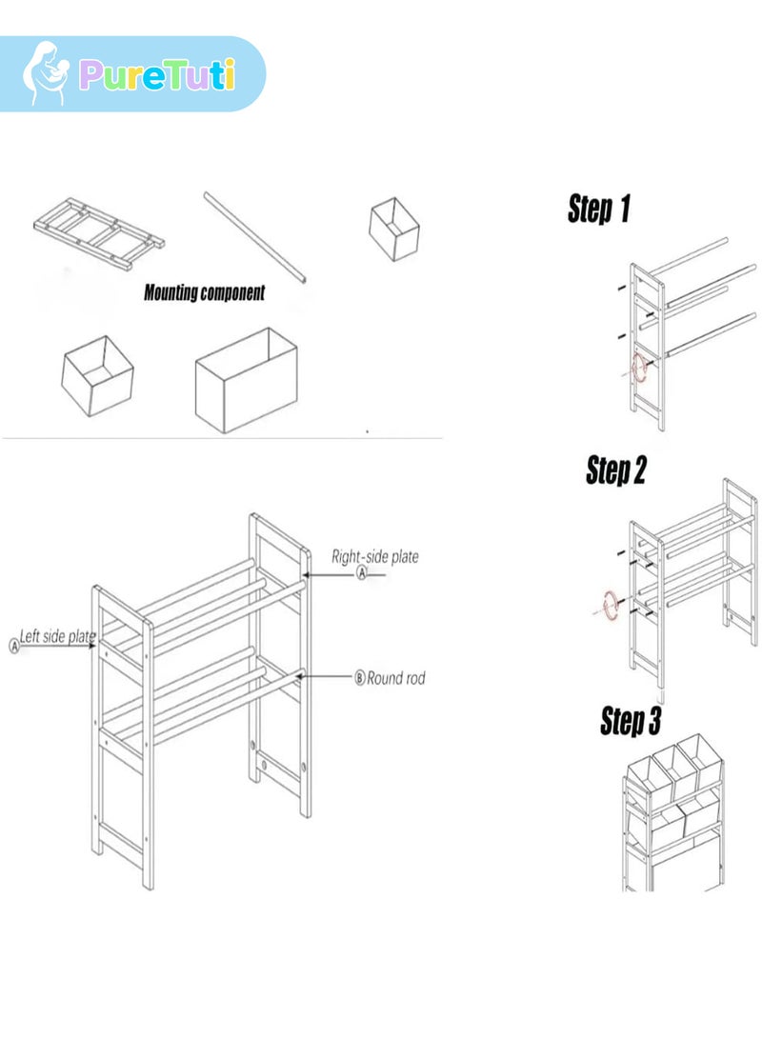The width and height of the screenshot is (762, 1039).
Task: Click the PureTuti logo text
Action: (157, 74)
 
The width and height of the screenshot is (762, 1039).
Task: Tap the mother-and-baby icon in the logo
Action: (45, 73)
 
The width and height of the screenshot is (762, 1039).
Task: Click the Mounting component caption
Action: (204, 293)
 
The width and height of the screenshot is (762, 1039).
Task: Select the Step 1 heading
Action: (598, 209)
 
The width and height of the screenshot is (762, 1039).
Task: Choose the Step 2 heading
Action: (615, 470)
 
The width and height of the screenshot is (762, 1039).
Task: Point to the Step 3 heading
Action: (631, 720)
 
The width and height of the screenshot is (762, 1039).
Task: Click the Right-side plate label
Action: (375, 556)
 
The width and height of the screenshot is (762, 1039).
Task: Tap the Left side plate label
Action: (58, 636)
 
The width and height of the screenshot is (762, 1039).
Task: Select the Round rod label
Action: (396, 678)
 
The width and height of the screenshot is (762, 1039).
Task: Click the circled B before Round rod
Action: (360, 678)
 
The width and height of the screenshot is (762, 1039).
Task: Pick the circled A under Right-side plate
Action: (362, 573)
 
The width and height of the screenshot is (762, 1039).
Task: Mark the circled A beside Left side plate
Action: (14, 645)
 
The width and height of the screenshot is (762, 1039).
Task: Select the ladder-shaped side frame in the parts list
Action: (99, 232)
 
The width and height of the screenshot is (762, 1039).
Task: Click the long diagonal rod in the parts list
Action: (254, 237)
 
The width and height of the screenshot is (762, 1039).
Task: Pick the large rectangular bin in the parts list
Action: (246, 380)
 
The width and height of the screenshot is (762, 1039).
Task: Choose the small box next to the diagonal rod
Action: (394, 229)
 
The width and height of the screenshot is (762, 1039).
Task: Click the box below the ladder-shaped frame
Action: (97, 376)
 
